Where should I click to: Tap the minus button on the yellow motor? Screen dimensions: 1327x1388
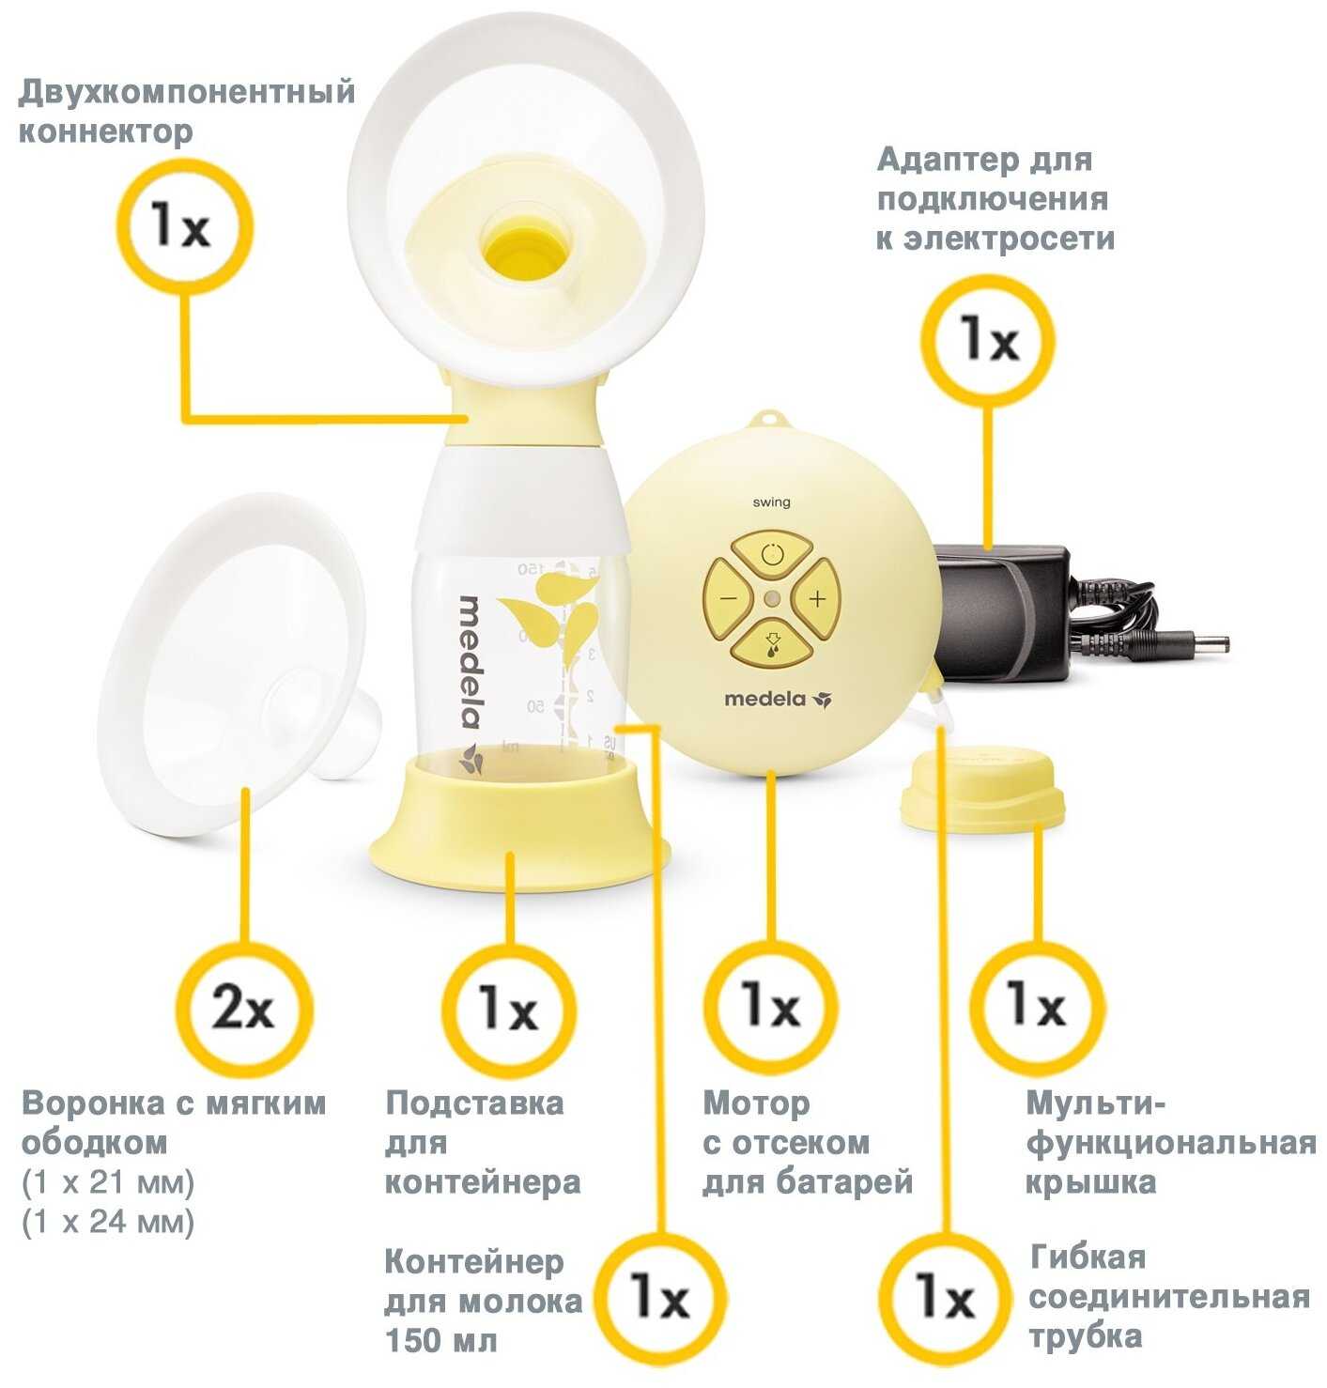(729, 597)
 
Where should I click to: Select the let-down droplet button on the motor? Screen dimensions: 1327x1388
(770, 641)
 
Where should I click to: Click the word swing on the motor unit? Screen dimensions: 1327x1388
(770, 502)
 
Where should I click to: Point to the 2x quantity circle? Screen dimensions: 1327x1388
(244, 1009)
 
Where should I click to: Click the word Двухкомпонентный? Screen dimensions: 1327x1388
(186, 93)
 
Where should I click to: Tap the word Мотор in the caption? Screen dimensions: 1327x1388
(756, 1104)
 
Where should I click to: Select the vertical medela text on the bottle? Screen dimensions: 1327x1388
(469, 662)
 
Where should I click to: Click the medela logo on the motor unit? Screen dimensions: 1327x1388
(777, 700)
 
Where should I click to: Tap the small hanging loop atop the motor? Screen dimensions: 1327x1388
(770, 419)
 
